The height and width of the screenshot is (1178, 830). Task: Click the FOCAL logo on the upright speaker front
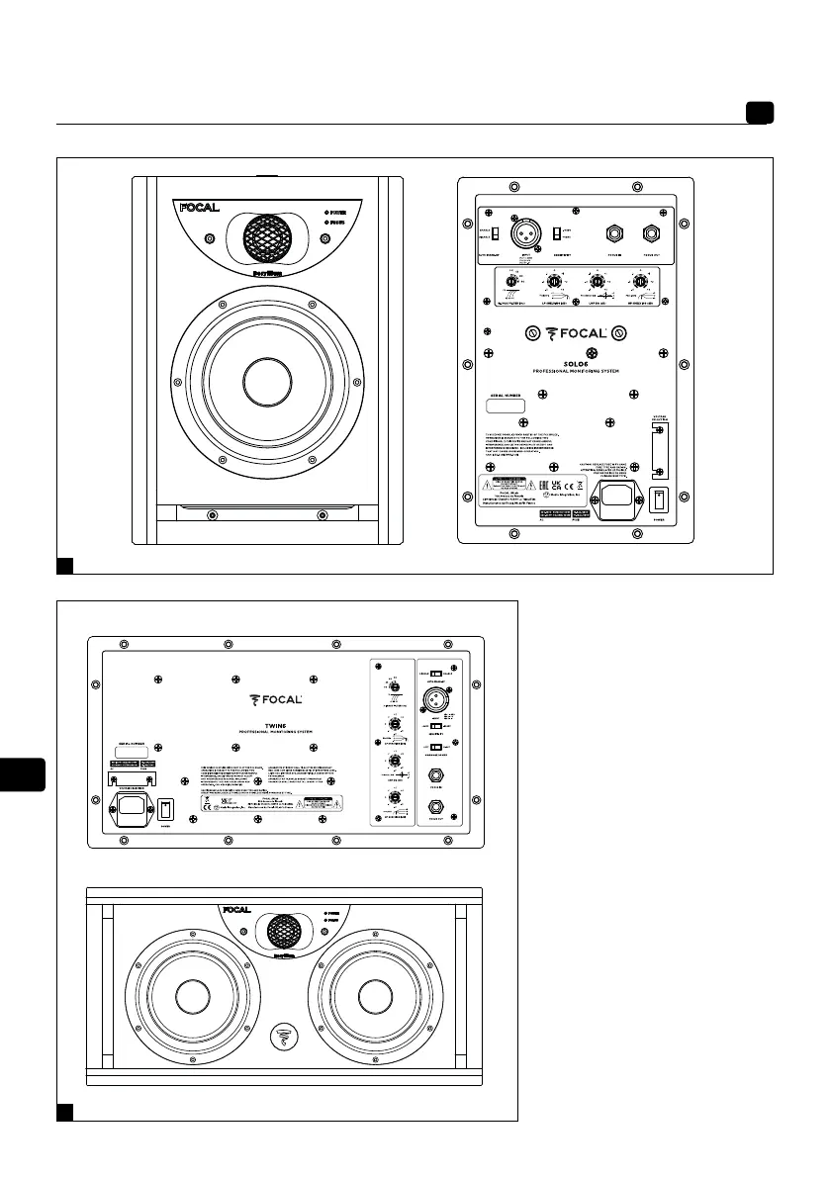[199, 210]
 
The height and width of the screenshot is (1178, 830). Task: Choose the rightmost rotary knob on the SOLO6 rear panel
[647, 282]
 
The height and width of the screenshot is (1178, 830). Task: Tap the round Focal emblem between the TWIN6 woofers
[282, 1037]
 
